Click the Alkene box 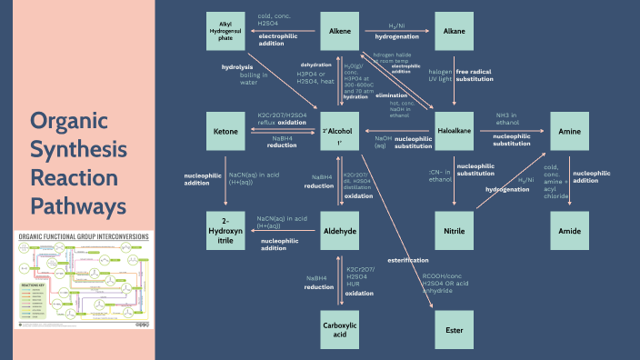(340, 32)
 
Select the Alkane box (454, 32)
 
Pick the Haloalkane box (454, 132)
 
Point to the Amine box (570, 132)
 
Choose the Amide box (570, 232)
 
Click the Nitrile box (454, 232)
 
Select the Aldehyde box (340, 232)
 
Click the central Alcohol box (340, 132)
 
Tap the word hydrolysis (237, 66)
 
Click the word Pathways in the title (76, 207)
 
